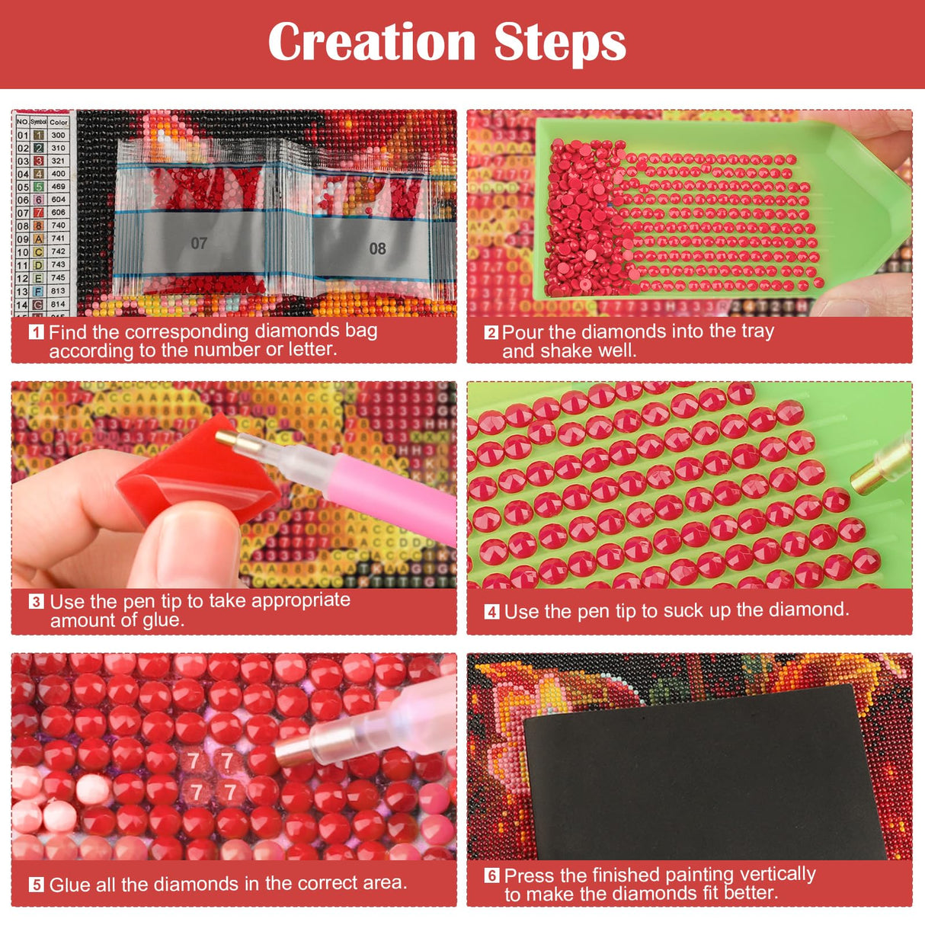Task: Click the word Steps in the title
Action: pos(559,43)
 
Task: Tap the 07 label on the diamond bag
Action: pos(199,243)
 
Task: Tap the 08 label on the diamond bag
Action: pos(377,248)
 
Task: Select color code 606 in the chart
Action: pos(59,213)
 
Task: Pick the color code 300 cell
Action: pos(59,135)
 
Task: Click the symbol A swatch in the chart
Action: pos(38,238)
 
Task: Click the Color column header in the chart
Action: pos(59,122)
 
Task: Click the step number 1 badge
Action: pos(36,332)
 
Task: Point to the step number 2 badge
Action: pos(491,332)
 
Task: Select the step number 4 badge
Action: pos(491,612)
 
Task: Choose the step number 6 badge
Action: pos(491,875)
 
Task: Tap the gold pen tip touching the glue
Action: pos(226,439)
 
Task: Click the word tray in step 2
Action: pos(757,331)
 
